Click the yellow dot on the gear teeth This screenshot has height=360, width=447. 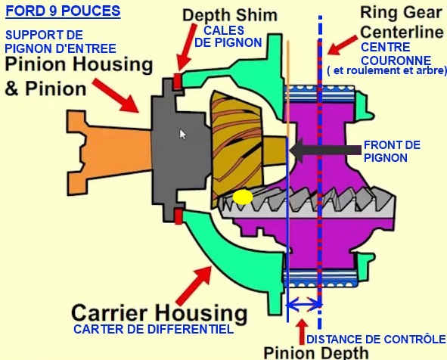click(x=243, y=197)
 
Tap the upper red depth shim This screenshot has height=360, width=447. click(x=178, y=81)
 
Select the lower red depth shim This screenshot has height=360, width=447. click(x=178, y=216)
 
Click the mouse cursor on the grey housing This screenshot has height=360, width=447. click(x=183, y=134)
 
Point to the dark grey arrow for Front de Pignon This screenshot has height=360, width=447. click(x=325, y=150)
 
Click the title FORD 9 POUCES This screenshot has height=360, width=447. click(x=63, y=11)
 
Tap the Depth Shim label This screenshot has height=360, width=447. click(x=230, y=15)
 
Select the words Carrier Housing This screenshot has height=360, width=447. click(x=160, y=313)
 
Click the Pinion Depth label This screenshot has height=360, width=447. click(x=316, y=353)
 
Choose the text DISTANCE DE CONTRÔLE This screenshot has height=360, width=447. click(x=376, y=339)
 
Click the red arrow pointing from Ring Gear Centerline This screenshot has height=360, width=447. click(x=342, y=45)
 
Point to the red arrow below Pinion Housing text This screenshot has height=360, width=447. click(x=116, y=95)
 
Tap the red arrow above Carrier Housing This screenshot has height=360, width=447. click(x=194, y=285)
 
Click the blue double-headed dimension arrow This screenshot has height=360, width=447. click(x=304, y=305)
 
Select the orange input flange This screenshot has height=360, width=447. click(x=110, y=153)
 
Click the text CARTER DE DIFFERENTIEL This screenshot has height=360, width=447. click(x=154, y=329)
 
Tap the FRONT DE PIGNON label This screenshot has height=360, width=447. click(x=392, y=151)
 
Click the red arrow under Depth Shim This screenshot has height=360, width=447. click(x=187, y=48)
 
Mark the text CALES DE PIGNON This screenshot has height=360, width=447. click(x=228, y=36)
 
